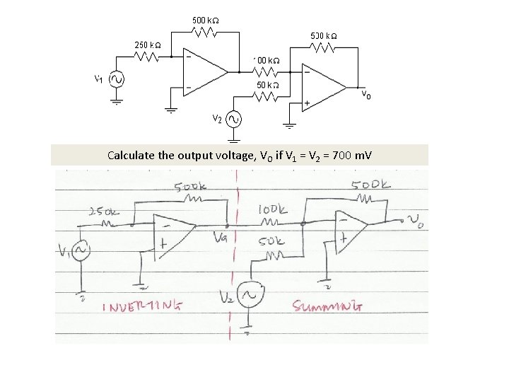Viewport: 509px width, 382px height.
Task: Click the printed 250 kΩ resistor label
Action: click(x=148, y=45)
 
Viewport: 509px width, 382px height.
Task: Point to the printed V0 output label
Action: click(x=368, y=94)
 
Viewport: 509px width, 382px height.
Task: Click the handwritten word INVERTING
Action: click(x=144, y=307)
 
